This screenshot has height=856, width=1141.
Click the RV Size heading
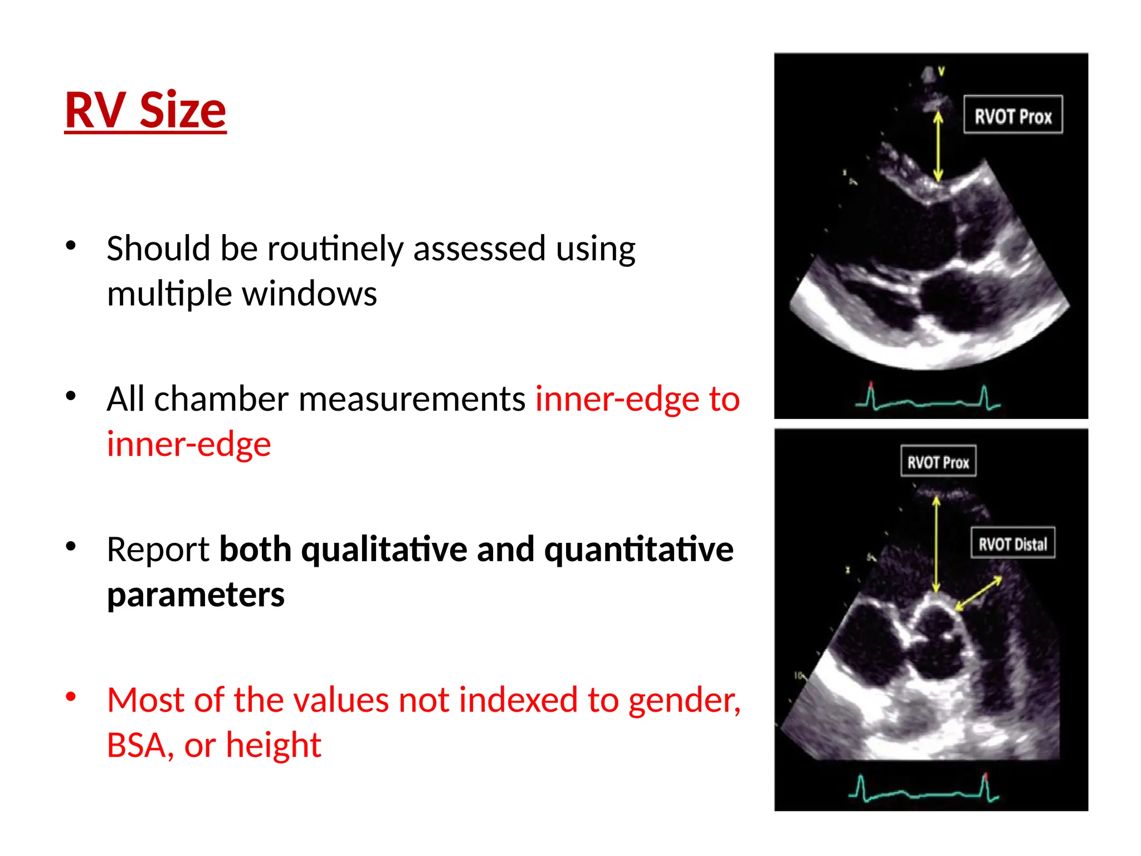[x=145, y=110]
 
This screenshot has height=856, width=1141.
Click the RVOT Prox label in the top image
[x=1012, y=115]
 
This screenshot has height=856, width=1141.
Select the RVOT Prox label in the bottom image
[x=938, y=461]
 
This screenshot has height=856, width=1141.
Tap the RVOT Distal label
[x=1012, y=543]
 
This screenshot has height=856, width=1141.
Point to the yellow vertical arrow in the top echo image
[x=938, y=146]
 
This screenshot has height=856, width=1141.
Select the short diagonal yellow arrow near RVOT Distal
[x=979, y=593]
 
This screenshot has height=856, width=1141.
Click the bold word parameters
[x=196, y=595]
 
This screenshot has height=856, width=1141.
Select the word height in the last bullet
[x=274, y=746]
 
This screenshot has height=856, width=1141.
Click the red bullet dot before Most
[x=71, y=697]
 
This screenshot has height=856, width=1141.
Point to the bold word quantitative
[x=638, y=549]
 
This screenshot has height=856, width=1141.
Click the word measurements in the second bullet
[x=412, y=399]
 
